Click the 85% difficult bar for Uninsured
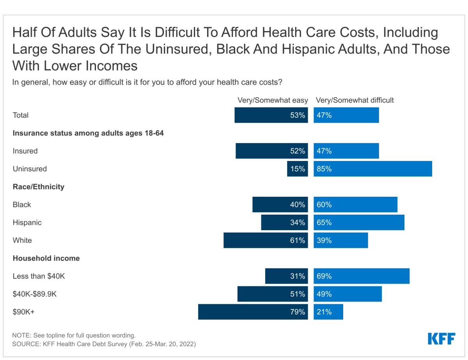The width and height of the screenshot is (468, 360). [373, 169]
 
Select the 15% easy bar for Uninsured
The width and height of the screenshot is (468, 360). [298, 169]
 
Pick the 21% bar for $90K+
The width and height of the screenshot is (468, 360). [328, 312]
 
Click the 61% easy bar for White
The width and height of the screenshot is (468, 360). [266, 240]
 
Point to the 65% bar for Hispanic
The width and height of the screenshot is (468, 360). [359, 222]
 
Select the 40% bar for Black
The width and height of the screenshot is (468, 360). [280, 205]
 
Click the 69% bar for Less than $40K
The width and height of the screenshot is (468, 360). [362, 276]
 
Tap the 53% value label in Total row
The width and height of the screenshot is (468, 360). [298, 115]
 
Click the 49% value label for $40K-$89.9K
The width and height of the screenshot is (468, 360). [324, 294]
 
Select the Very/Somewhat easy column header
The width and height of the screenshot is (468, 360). [273, 100]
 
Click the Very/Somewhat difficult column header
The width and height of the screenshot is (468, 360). [355, 100]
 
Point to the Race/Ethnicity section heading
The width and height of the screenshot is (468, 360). [38, 187]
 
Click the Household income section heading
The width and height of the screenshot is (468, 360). [46, 258]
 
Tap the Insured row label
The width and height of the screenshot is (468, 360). [25, 151]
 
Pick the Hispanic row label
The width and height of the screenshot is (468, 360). [27, 222]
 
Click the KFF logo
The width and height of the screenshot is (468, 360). [441, 339]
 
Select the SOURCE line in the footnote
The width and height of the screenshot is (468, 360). [104, 344]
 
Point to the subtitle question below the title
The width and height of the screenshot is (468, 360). [147, 82]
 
